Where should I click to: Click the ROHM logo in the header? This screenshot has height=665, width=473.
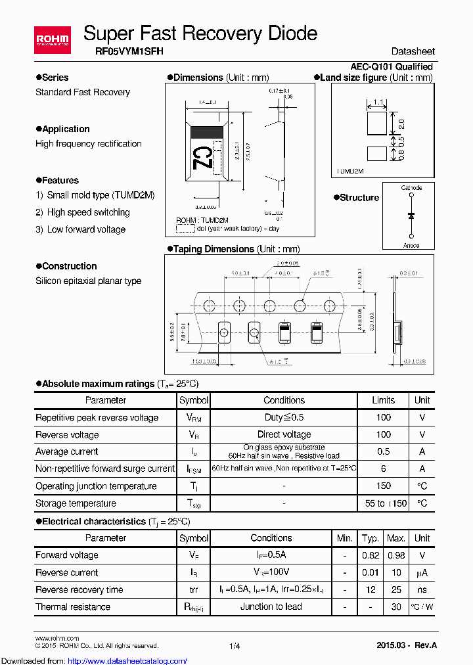(x=52, y=41)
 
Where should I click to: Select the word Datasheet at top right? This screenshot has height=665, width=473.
(x=413, y=51)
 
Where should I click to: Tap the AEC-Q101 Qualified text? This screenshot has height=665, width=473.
(x=392, y=66)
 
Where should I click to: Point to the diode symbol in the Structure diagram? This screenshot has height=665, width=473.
(x=411, y=216)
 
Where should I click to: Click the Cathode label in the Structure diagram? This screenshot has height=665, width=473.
(x=411, y=188)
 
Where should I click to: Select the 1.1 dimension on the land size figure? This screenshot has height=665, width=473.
(x=378, y=103)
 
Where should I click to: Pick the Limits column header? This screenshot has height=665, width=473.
(x=384, y=400)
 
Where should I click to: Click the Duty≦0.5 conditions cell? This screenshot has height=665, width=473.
(x=284, y=417)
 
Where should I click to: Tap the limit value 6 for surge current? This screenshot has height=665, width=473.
(x=384, y=469)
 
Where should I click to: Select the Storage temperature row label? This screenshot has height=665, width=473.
(x=76, y=503)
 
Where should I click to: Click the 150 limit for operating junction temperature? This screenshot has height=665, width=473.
(x=384, y=486)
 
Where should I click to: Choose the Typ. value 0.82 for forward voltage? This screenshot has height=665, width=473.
(x=371, y=555)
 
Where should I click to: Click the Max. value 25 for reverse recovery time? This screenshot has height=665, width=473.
(x=396, y=589)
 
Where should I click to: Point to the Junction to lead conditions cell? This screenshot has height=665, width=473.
(x=271, y=607)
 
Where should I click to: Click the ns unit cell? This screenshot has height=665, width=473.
(x=422, y=589)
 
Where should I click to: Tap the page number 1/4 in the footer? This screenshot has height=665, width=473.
(x=235, y=647)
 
